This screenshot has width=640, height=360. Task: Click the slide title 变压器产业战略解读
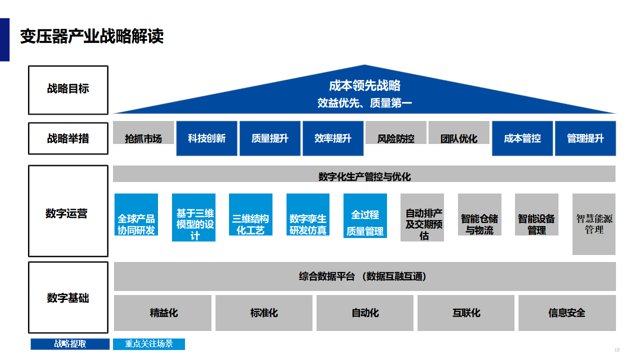[92, 36]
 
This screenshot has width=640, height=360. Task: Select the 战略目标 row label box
[68, 90]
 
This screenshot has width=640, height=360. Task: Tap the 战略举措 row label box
[68, 138]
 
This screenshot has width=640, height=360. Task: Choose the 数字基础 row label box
[68, 297]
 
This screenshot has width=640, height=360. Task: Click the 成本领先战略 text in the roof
[364, 85]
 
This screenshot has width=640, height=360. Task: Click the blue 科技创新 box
[206, 138]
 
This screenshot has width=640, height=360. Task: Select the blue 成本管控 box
[522, 138]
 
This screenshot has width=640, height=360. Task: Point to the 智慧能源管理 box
[594, 224]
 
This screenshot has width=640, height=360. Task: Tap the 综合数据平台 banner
[364, 276]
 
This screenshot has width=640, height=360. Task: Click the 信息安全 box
[567, 313]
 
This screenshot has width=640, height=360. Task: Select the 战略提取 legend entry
[70, 344]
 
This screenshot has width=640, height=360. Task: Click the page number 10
[617, 349]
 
